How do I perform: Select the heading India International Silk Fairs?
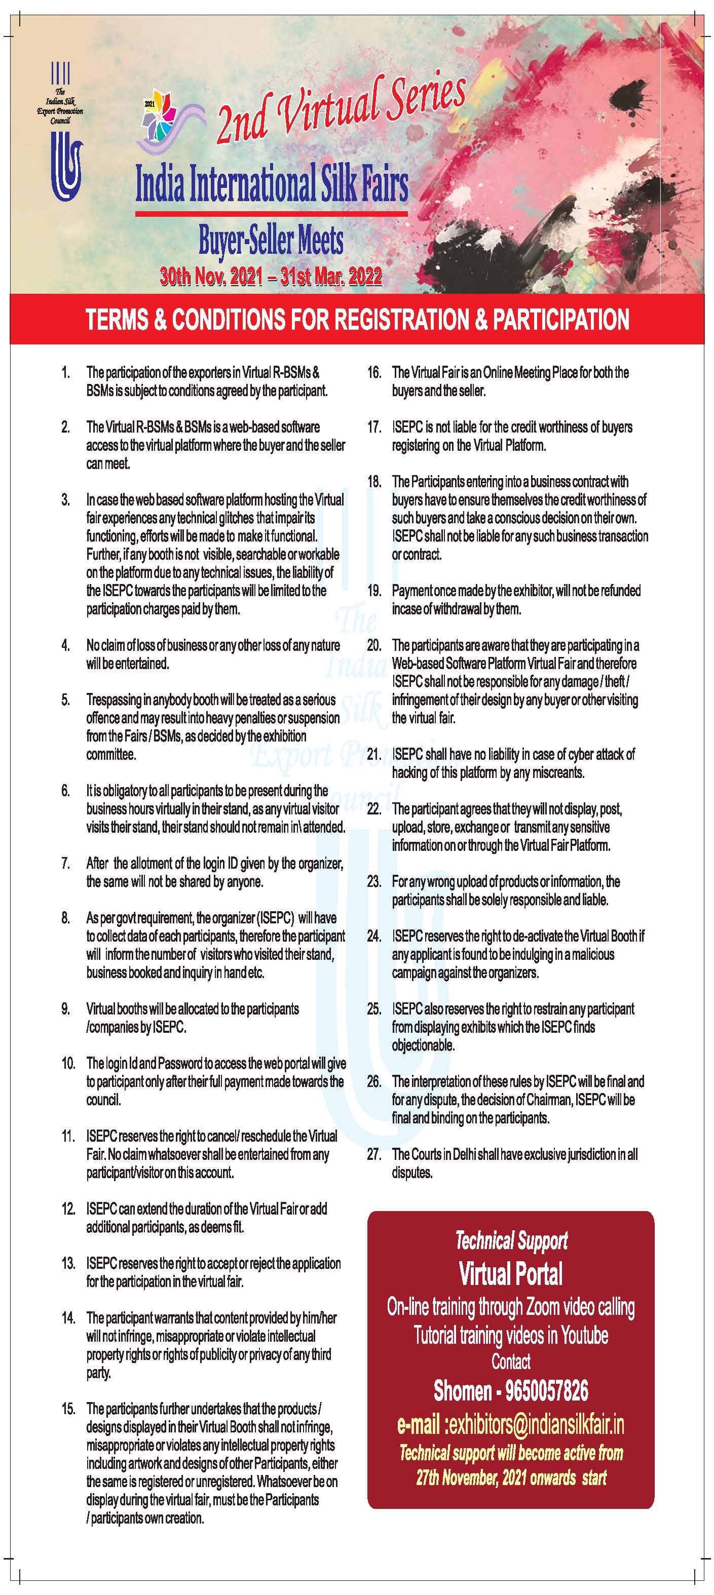pos(271,184)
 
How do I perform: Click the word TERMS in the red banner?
pos(117,320)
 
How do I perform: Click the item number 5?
pos(66,699)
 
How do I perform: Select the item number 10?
pos(67,1064)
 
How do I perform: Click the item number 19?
pos(373,591)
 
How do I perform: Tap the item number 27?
pos(373,1154)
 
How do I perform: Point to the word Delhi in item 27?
pos(468,1154)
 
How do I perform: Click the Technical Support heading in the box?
pos(511,1240)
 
